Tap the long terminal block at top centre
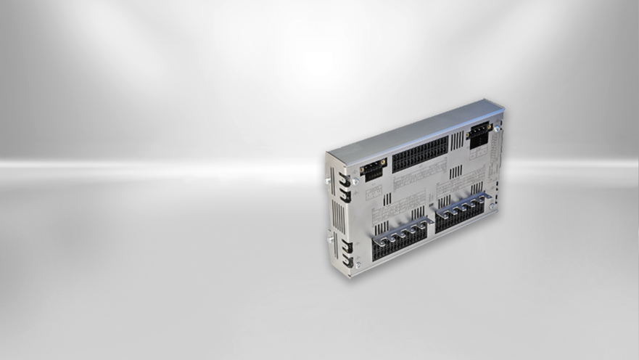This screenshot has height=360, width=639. point(420,153)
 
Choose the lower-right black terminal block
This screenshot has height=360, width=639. point(459,216)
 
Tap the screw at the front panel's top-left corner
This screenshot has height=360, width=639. point(355,171)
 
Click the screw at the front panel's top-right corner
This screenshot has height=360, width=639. point(498,128)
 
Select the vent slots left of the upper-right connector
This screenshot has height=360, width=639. point(457,141)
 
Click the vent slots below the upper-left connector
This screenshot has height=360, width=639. point(387,198)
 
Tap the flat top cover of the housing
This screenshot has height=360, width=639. point(413,126)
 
